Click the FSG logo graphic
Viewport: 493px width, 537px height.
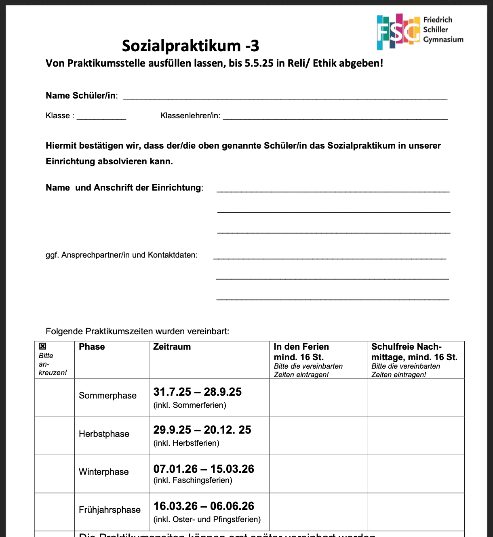click(x=398, y=31)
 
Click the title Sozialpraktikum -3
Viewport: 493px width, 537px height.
click(x=190, y=46)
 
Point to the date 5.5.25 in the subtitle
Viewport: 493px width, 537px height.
click(x=259, y=63)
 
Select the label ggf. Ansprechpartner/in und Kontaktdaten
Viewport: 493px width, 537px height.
click(x=122, y=255)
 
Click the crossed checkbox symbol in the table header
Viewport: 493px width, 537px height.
click(x=42, y=346)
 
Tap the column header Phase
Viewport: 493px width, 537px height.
click(x=92, y=347)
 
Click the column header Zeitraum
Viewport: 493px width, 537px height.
click(x=172, y=347)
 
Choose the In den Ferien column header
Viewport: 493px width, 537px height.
click(x=301, y=352)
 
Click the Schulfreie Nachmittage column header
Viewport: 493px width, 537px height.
click(x=414, y=352)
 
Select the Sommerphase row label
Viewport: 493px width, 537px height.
click(x=107, y=396)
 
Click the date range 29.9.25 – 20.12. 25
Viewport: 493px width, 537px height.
click(x=202, y=430)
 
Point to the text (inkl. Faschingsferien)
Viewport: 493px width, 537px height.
click(x=193, y=480)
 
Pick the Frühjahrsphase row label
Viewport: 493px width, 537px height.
click(x=110, y=510)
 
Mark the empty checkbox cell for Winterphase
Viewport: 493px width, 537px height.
click(x=55, y=474)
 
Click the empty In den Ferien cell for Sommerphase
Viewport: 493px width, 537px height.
click(x=318, y=398)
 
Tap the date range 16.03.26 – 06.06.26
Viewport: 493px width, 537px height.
click(x=204, y=506)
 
